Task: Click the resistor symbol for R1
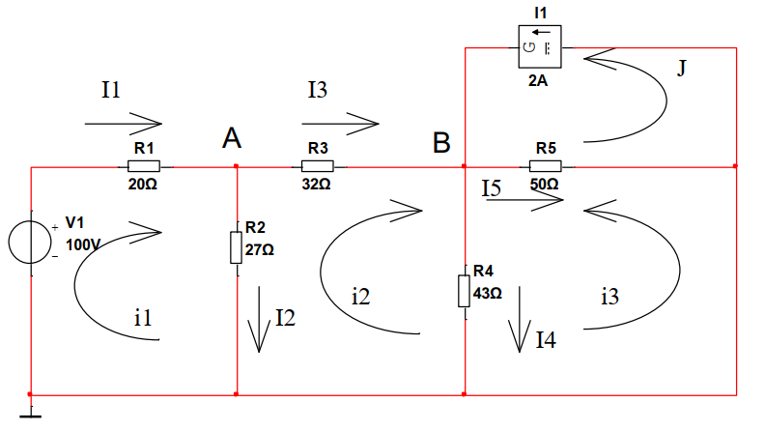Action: click(x=144, y=165)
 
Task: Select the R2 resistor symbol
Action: click(x=237, y=247)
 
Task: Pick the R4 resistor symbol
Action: click(x=465, y=290)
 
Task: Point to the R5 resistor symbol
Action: click(x=545, y=165)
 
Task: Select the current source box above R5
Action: click(x=537, y=47)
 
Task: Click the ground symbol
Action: click(x=31, y=414)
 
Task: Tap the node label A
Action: click(x=231, y=139)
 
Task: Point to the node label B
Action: click(x=441, y=144)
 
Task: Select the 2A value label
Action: click(x=538, y=82)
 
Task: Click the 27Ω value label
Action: click(x=260, y=248)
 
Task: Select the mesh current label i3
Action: click(x=609, y=297)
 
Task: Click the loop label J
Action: click(x=681, y=71)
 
